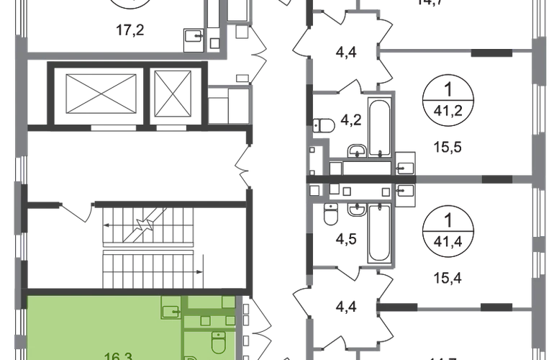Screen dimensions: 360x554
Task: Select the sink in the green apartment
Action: [x=171, y=311]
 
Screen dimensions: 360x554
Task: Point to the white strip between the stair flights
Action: [x=148, y=248]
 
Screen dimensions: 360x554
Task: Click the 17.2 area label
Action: [x=132, y=30]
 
